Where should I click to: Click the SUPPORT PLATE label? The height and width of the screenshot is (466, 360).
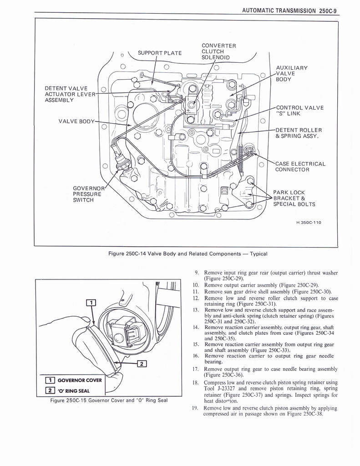point(159,53)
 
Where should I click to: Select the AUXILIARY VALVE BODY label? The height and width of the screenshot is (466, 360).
point(292,73)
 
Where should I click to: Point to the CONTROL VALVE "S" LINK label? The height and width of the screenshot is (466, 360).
point(299,111)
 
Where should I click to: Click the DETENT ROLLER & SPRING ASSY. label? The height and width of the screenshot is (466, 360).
point(299,133)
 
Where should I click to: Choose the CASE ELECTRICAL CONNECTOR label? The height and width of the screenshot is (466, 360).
point(300,167)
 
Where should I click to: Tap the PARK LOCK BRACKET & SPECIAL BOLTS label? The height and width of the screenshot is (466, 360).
point(294,198)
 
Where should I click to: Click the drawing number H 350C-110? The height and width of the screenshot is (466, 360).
point(309,222)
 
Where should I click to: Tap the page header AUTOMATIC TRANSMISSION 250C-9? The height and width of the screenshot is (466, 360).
point(289,10)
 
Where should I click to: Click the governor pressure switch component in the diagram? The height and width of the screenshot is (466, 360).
point(122,159)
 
